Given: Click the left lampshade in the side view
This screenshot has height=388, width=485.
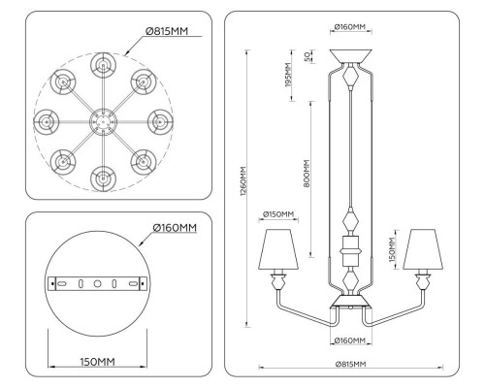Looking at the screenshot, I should click(278, 249).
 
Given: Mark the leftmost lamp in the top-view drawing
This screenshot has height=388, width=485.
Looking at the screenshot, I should click(45, 121).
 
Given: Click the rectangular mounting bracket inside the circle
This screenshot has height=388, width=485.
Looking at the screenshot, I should click(96, 284).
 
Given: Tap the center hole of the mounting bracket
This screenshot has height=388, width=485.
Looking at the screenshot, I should click(96, 284).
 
